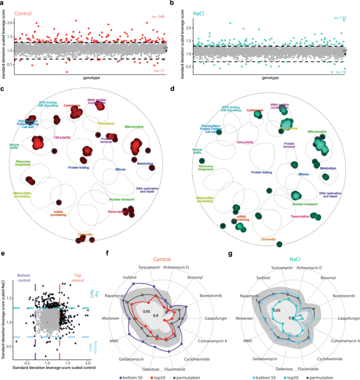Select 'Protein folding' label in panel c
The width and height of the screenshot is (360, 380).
coord(80,168)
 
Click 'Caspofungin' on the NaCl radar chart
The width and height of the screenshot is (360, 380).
coord(345,318)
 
